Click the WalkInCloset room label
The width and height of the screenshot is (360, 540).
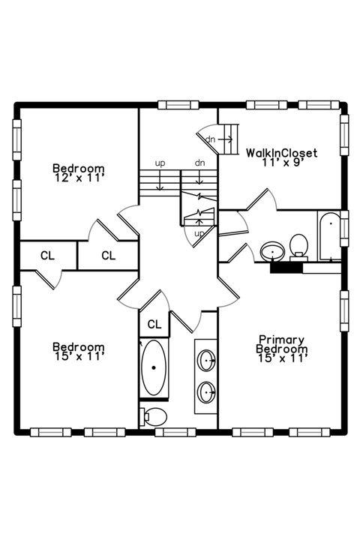(281, 152)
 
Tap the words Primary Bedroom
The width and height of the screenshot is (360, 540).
(281, 344)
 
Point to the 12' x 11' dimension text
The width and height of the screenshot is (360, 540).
(79, 178)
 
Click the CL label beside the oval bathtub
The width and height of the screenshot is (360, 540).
(154, 324)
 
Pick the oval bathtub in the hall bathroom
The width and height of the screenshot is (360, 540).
(154, 367)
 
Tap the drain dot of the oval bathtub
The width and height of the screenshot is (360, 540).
(154, 367)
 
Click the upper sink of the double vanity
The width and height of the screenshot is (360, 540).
(206, 360)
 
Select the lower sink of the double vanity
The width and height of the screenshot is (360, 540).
(206, 392)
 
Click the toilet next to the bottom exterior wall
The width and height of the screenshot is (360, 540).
(153, 417)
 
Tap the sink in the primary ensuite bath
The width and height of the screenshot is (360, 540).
(272, 251)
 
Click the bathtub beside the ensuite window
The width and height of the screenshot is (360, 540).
(329, 236)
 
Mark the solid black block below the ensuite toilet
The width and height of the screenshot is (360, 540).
(286, 268)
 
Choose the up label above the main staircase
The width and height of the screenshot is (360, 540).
(160, 163)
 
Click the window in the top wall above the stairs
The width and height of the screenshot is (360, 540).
(178, 105)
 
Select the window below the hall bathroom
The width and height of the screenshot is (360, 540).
(175, 432)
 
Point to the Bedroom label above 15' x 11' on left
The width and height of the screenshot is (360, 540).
(79, 346)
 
